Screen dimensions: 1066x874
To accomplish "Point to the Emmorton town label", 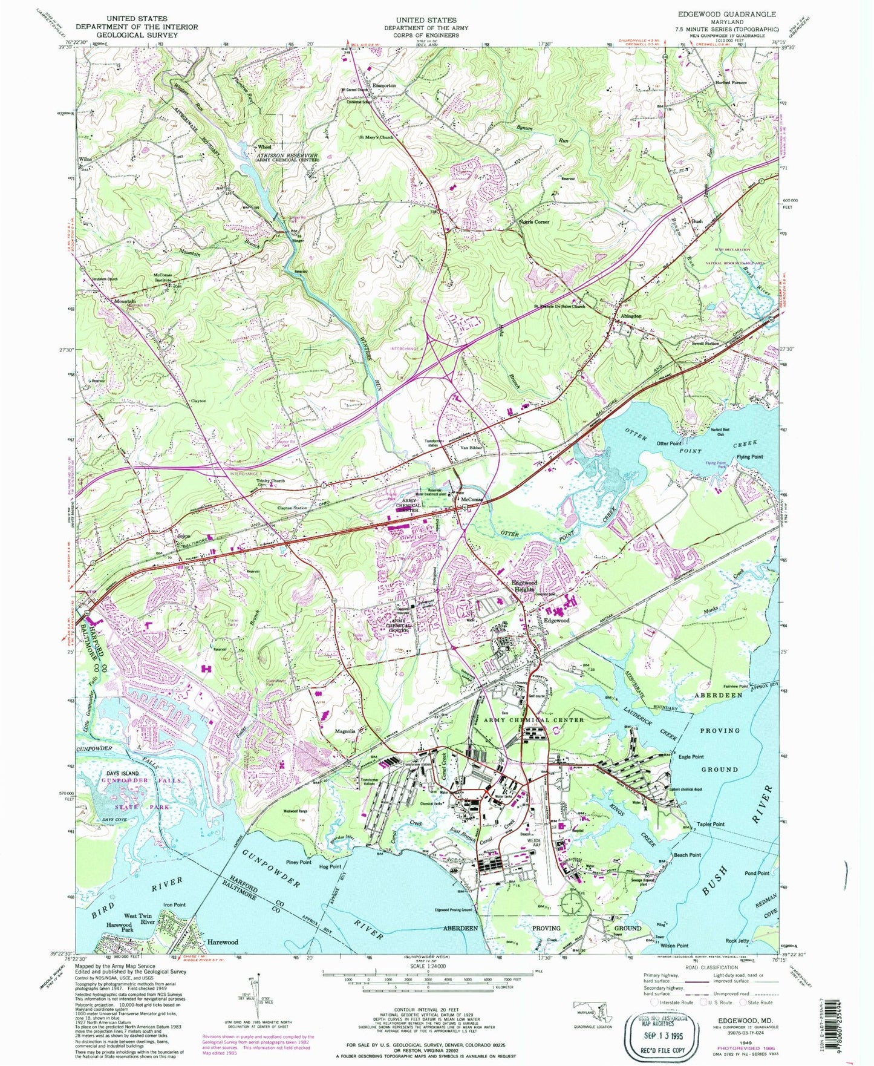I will pos(383,85).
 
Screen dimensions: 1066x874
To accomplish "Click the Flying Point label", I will pos(749,457).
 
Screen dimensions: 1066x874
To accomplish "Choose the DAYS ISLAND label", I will pos(123,773).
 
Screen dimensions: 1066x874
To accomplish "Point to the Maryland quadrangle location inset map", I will pos(593,1010).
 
